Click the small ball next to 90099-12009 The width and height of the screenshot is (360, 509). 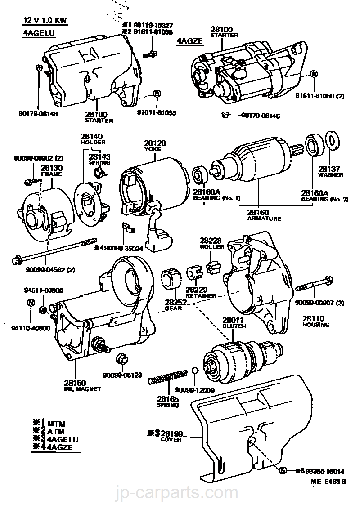194,370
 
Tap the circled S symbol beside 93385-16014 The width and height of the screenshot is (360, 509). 283,471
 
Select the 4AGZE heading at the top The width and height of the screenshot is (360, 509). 190,41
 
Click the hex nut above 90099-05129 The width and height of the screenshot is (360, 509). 121,358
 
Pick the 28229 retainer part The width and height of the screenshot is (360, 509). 194,272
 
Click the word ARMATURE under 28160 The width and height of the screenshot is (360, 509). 264,219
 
